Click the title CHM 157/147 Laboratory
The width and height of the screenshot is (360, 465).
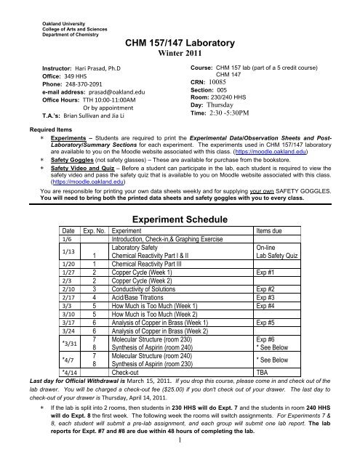click(x=180, y=44)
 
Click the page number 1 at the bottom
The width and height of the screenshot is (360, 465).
click(x=180, y=458)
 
